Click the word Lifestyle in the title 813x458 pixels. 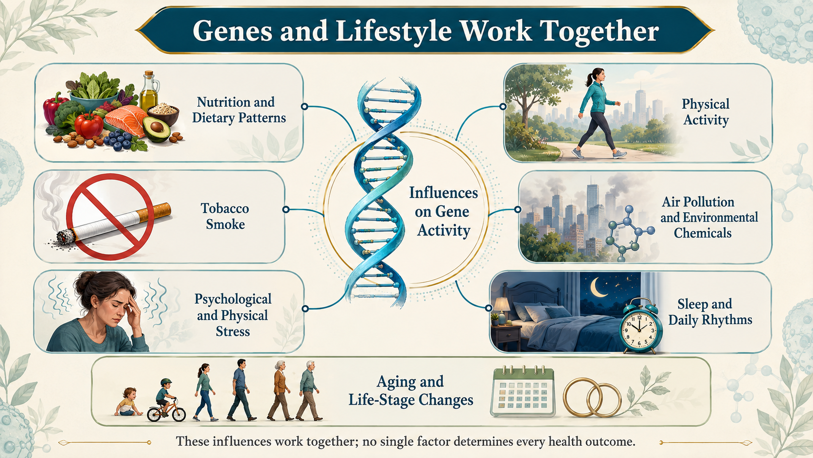coord(393,31)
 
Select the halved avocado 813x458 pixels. coord(157,128)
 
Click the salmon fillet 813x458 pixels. coord(125,119)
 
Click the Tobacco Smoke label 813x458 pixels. coord(225,216)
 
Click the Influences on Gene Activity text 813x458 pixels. coord(443,211)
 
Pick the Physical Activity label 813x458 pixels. coord(706,111)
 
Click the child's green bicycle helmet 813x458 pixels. coord(166,382)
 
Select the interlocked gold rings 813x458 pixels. coord(592,397)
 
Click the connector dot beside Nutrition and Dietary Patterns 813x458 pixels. coord(305,107)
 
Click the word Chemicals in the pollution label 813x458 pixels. coord(703,233)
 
